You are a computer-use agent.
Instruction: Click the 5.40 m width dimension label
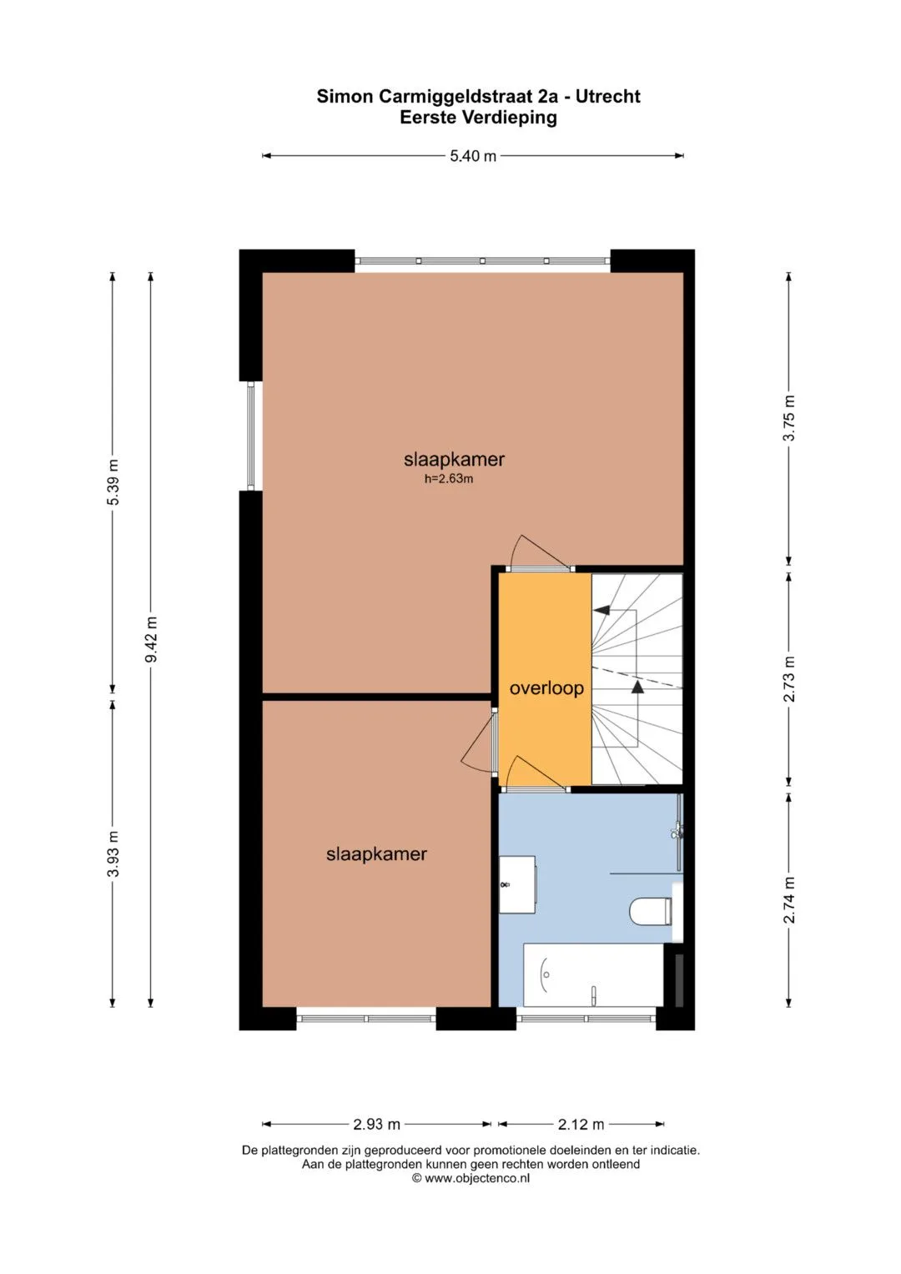pos(473,156)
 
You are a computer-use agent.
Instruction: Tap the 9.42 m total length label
pos(151,639)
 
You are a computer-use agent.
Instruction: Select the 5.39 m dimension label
pos(113,481)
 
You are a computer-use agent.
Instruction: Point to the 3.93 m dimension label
pos(113,854)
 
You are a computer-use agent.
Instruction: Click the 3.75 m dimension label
pos(789,418)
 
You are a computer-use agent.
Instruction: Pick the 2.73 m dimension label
pos(789,678)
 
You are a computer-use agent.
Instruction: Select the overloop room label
pos(546,689)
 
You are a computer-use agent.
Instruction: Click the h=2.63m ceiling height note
pos(449,479)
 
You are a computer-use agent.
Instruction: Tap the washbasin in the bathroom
pos(517,884)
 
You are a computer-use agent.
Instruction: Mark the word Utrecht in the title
pos(607,97)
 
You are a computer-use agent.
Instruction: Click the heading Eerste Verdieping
pos(478,118)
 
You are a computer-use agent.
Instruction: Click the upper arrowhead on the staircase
pos(601,611)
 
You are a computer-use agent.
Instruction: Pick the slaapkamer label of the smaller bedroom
pos(376,854)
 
